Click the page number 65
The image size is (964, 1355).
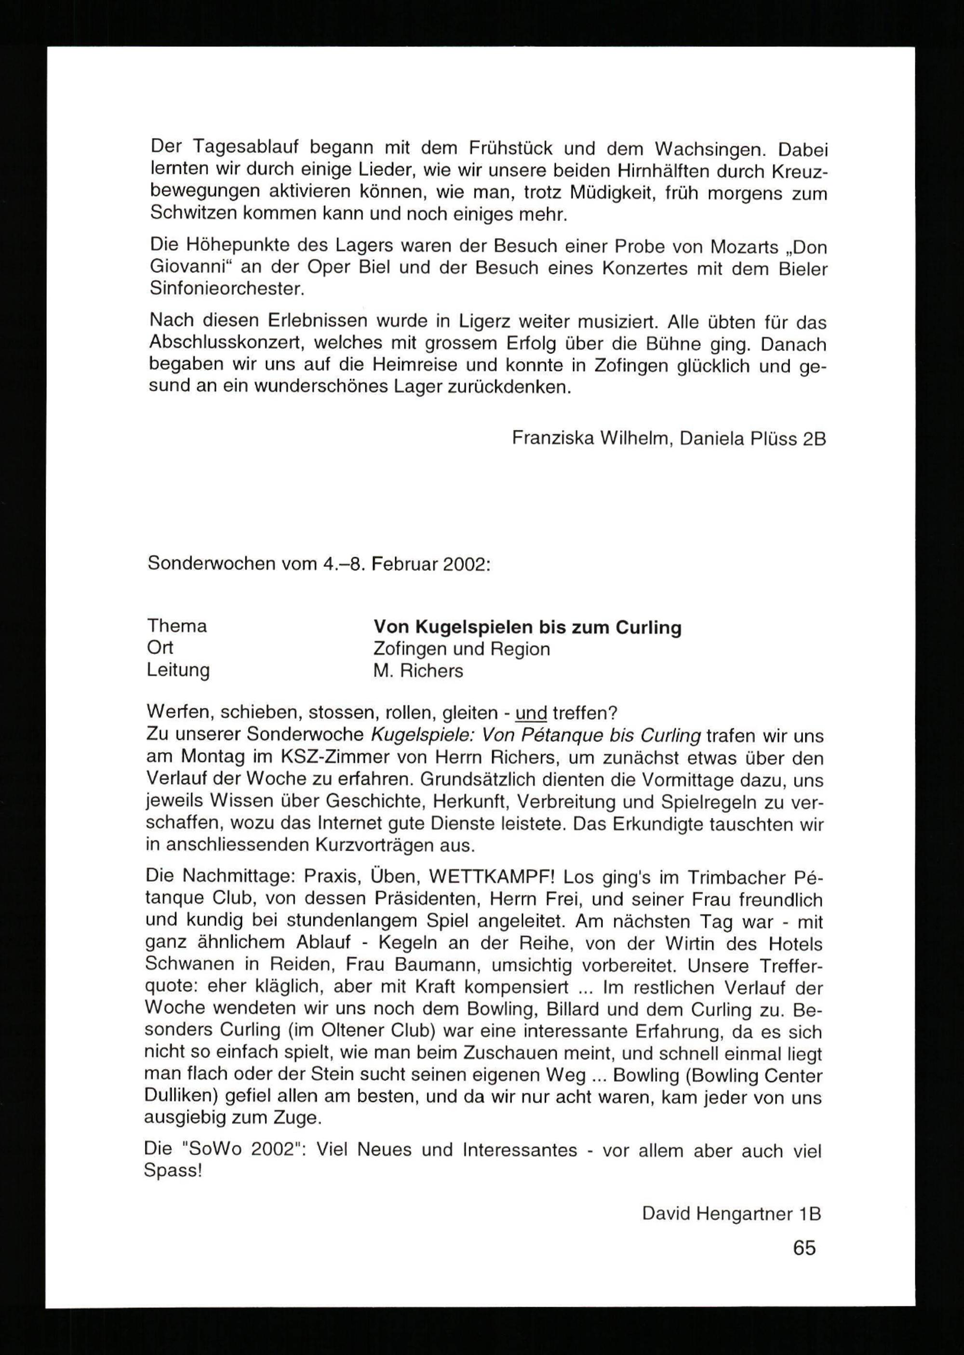[x=804, y=1248]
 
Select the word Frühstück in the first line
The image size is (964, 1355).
[x=511, y=148]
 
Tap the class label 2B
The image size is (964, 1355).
[x=813, y=439]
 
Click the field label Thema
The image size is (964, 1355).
[x=177, y=626]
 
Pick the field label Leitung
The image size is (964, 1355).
[x=178, y=670]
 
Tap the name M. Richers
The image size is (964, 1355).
[x=418, y=671]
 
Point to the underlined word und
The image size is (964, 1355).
[x=531, y=712]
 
